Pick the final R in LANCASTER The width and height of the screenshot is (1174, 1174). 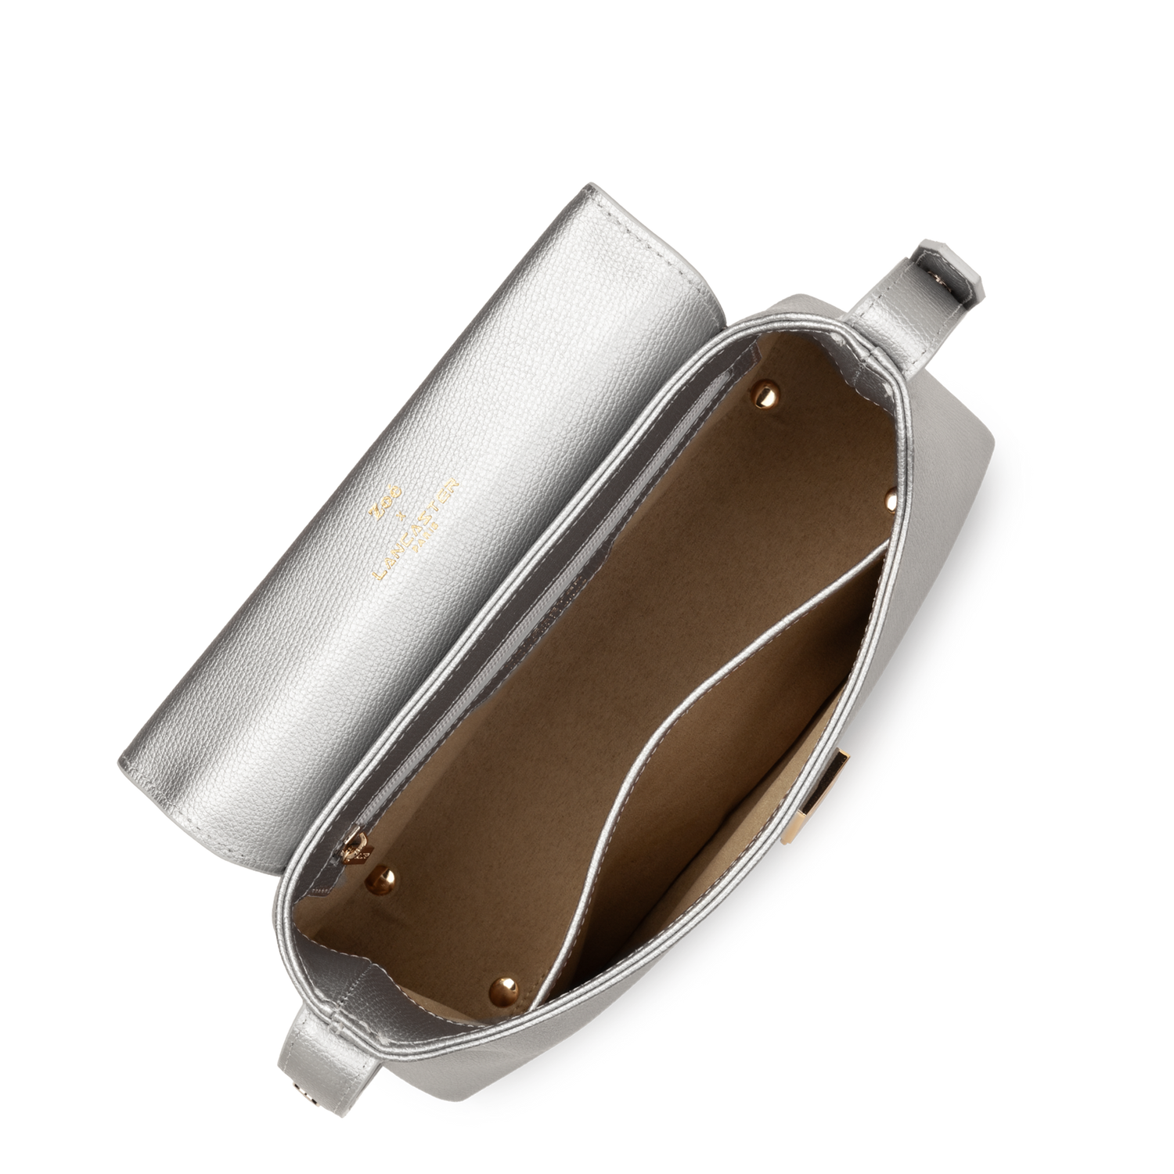(x=453, y=486)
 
